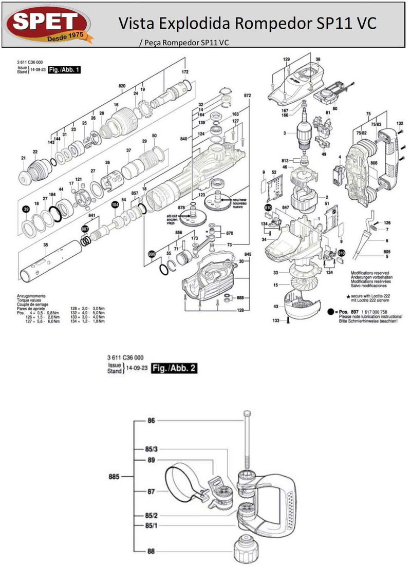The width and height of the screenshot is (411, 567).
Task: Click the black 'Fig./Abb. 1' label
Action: coord(64,69)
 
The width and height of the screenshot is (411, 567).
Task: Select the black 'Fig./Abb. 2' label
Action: coord(175,368)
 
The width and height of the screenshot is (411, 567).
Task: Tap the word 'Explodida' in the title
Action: coord(199,23)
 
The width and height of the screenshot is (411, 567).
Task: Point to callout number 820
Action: coord(122,85)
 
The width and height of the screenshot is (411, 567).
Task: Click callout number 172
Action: coord(185,72)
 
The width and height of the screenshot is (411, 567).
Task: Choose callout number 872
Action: coord(247,96)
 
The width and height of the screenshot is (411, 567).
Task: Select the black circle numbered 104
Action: coord(115,204)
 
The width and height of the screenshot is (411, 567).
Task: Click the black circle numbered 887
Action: coord(85,230)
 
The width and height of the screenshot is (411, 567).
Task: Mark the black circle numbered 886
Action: coord(152,254)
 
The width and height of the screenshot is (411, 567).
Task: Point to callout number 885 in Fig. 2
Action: coord(114,477)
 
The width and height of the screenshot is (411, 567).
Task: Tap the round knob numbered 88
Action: coord(248,550)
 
